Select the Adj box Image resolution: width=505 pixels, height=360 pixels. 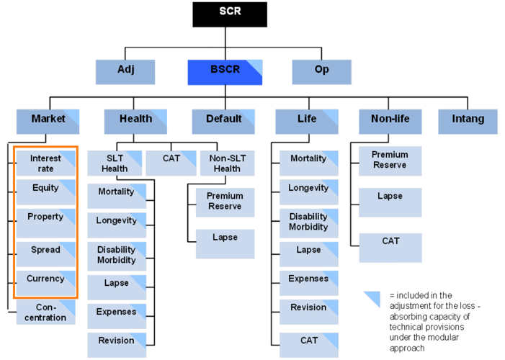(125, 71)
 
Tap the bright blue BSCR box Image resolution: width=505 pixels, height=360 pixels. (225, 71)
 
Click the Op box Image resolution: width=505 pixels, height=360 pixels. (321, 71)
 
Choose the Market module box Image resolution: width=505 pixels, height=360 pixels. (48, 120)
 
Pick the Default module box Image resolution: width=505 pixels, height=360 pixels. (223, 120)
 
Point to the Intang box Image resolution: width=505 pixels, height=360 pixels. (468, 120)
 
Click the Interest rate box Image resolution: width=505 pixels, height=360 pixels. (46, 163)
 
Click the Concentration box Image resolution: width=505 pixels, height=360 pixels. (46, 312)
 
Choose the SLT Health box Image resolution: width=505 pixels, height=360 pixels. (115, 163)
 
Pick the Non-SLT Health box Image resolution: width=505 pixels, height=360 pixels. (227, 163)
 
